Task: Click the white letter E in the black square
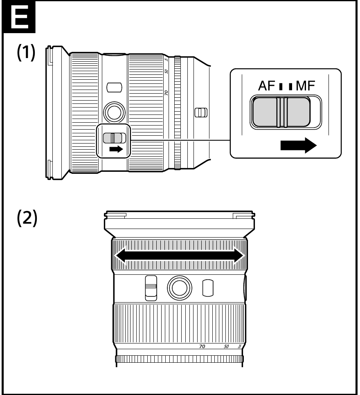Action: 18,18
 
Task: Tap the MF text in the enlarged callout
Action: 306,86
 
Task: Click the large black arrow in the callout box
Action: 298,145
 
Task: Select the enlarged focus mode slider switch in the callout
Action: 281,112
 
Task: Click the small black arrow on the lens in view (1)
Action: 116,149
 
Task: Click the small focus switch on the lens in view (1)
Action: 114,138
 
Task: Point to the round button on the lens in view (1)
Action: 112,110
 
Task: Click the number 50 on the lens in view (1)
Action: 167,71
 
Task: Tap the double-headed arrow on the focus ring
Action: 180,256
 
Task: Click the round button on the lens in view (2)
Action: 179,287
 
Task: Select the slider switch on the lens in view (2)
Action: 151,287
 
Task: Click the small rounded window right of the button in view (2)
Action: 208,287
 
